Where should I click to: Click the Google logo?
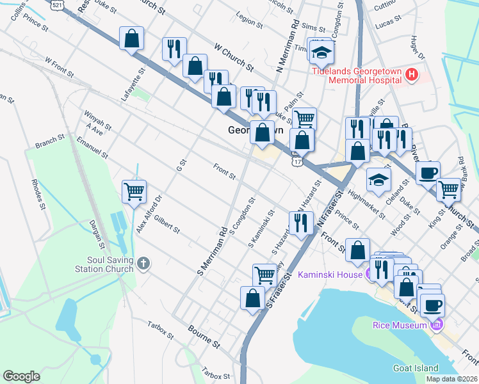click(21, 376)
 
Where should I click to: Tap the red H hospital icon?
click(412, 76)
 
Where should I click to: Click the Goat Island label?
click(415, 368)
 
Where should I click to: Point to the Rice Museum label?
click(400, 325)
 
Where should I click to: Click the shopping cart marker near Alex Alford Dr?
click(134, 191)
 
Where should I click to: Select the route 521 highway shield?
click(58, 4)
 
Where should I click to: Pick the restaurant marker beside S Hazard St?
click(300, 223)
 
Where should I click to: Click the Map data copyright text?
click(451, 379)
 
